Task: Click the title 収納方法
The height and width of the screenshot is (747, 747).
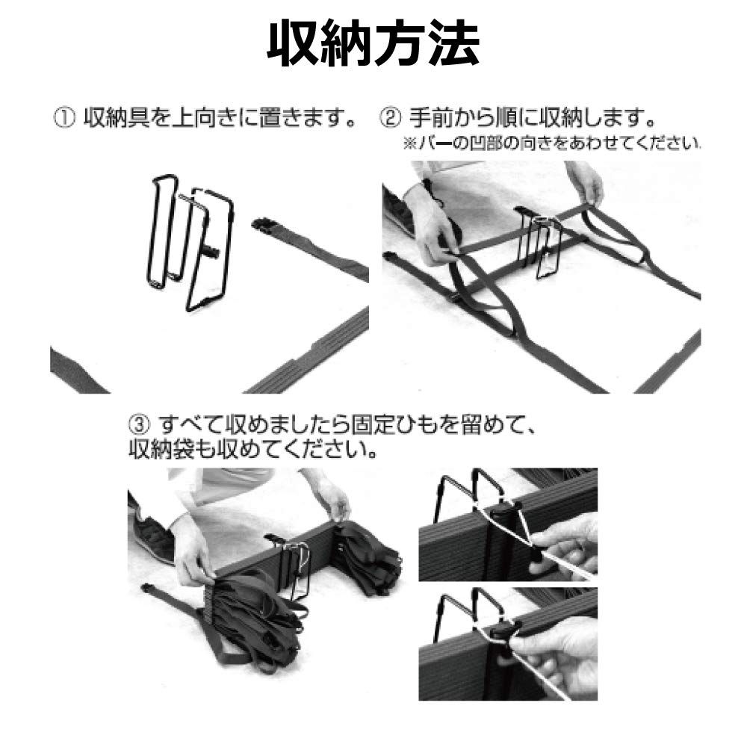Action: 373,44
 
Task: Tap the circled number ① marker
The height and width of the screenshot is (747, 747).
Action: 65,118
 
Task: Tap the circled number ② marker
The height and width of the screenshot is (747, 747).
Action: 390,118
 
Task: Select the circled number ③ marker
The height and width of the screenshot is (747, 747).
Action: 139,424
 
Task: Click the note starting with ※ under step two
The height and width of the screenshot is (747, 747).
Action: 552,143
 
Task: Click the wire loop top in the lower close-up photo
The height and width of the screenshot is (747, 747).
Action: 487,593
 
